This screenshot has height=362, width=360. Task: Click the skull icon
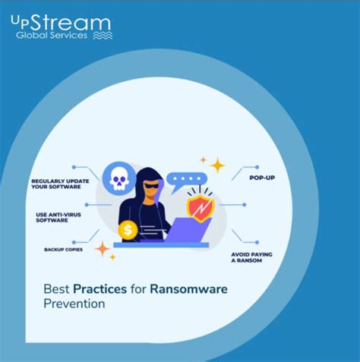click(119, 178)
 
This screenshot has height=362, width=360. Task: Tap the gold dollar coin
click(128, 228)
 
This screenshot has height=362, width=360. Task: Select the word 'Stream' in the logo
click(71, 24)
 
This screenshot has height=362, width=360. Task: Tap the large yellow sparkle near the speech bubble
click(218, 165)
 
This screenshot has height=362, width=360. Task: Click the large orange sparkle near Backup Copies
click(103, 248)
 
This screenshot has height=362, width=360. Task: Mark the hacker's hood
click(149, 172)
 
